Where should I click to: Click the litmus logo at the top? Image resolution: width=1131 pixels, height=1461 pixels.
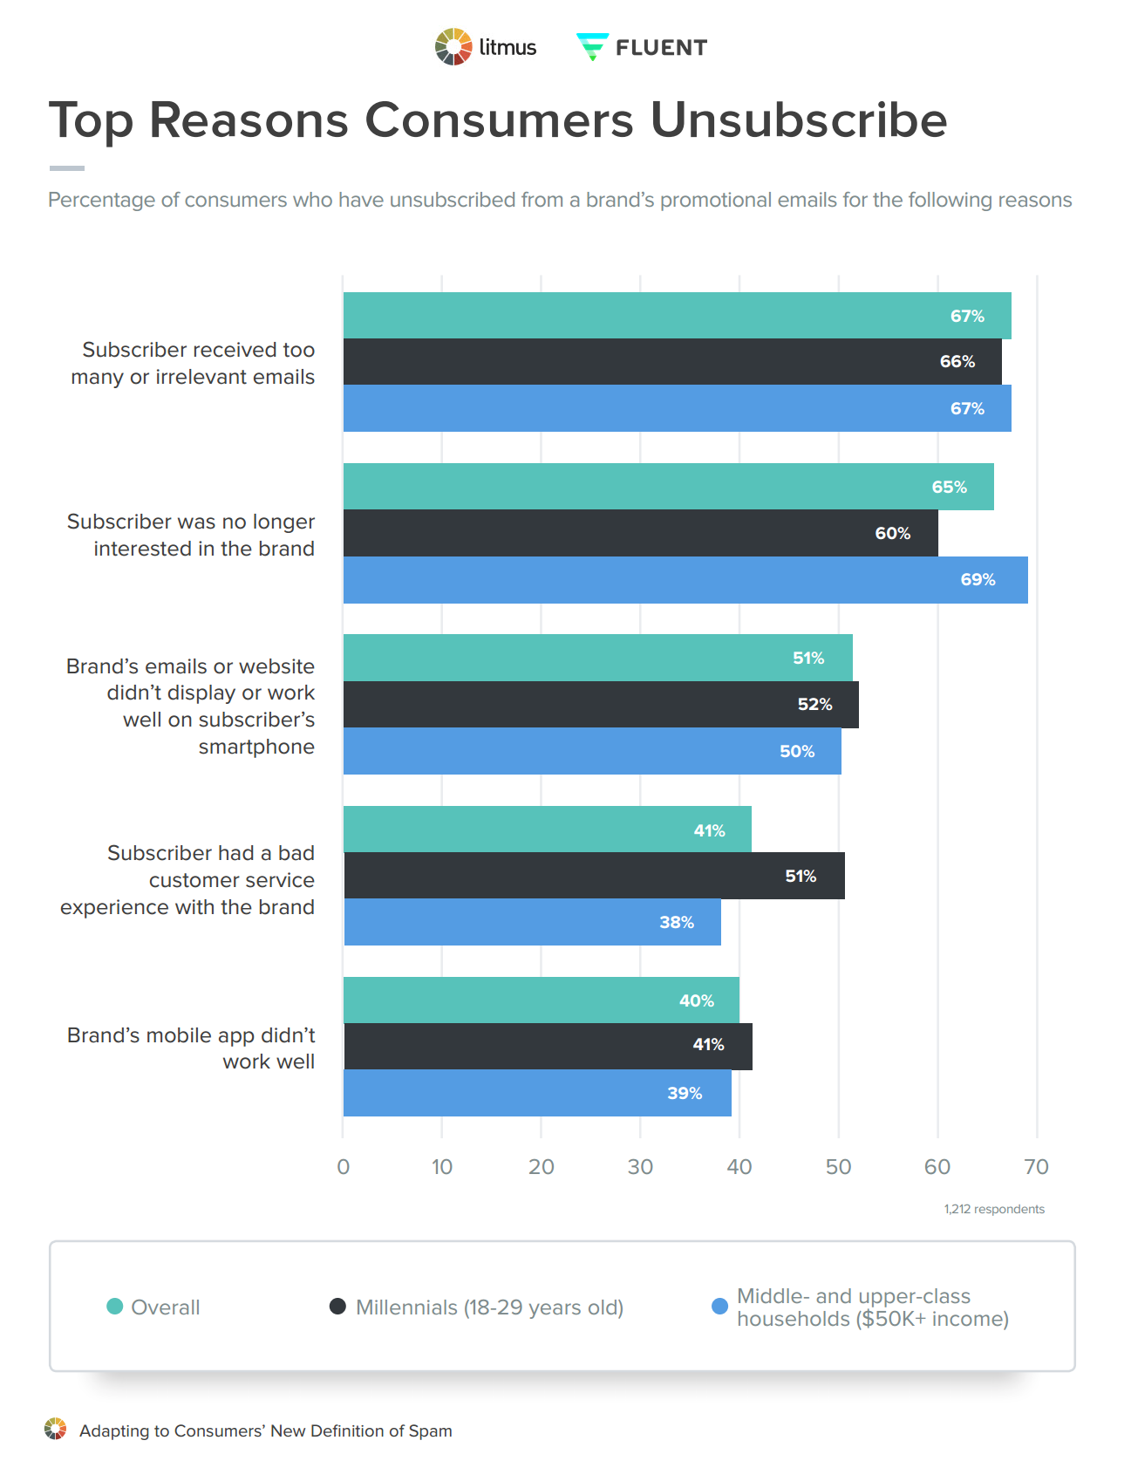pos(486,47)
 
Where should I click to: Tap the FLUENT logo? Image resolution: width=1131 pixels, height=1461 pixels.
pos(642,47)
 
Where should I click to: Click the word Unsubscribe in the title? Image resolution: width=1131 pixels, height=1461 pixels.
pos(798,119)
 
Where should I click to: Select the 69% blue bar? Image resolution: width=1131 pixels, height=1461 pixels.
pos(685,580)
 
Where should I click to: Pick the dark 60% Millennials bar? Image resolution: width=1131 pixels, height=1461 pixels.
pos(640,533)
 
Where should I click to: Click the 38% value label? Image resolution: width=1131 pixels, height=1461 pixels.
pos(677,923)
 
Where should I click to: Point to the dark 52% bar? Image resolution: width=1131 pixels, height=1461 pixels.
pos(600,705)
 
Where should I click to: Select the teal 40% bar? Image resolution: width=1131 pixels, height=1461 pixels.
pos(541,1000)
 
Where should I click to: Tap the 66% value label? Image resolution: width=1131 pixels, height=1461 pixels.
pos(957,362)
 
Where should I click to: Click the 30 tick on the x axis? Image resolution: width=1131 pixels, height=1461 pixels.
pos(640,1167)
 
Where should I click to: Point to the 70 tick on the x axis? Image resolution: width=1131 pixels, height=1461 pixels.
pos(1036,1167)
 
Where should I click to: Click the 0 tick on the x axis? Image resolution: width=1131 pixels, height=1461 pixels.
pos(344,1167)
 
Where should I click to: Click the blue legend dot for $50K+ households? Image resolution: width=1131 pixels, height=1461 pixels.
pos(719,1307)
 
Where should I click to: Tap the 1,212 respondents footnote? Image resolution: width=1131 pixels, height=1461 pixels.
pos(993,1209)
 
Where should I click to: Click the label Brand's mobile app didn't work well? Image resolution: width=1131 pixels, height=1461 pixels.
pos(191,1048)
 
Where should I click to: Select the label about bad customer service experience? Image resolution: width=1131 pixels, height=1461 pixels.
pos(187,880)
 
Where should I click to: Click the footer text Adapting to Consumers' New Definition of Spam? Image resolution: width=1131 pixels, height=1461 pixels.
pos(265,1431)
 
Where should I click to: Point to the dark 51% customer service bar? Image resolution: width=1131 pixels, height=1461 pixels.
pos(593,876)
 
